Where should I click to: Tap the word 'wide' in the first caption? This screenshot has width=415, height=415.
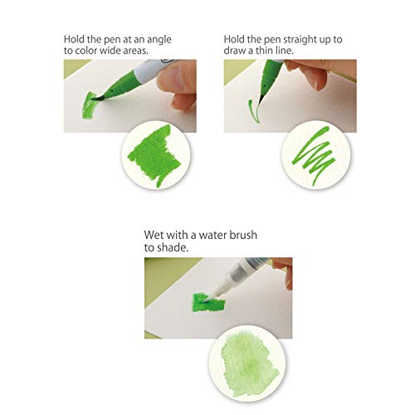[118, 51]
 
